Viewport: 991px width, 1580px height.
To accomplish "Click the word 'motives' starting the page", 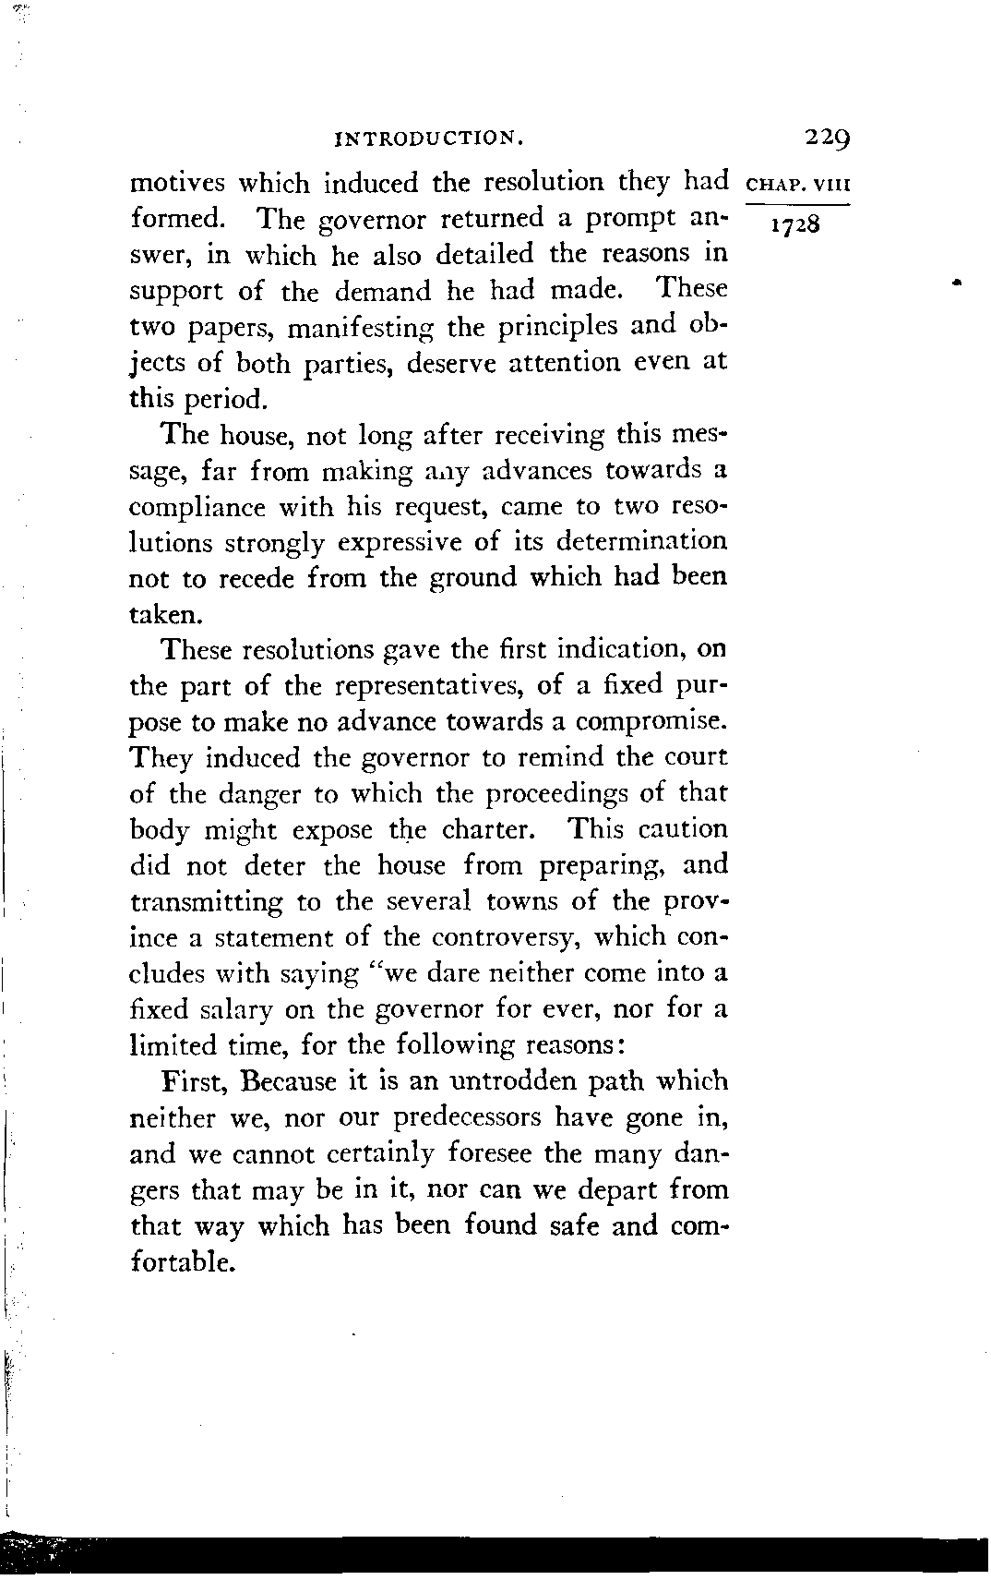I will [177, 183].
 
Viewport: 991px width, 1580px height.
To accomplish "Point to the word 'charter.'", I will [488, 829].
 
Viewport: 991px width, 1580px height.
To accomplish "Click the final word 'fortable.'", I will [180, 1261].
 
